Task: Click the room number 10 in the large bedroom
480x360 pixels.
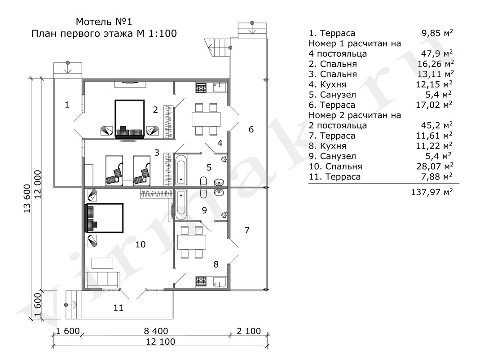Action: (x=141, y=244)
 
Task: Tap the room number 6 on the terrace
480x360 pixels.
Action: (x=251, y=129)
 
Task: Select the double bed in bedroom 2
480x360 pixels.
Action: (x=130, y=117)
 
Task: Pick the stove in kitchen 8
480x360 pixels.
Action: (x=201, y=282)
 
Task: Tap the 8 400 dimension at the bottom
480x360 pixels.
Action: (x=156, y=331)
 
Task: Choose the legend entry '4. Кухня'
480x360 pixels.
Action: (x=327, y=84)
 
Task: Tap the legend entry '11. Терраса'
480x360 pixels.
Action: (x=335, y=177)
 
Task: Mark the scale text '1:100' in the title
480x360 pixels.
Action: (x=162, y=33)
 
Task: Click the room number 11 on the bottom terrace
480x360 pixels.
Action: (x=118, y=307)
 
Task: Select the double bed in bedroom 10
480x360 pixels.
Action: (x=104, y=219)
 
